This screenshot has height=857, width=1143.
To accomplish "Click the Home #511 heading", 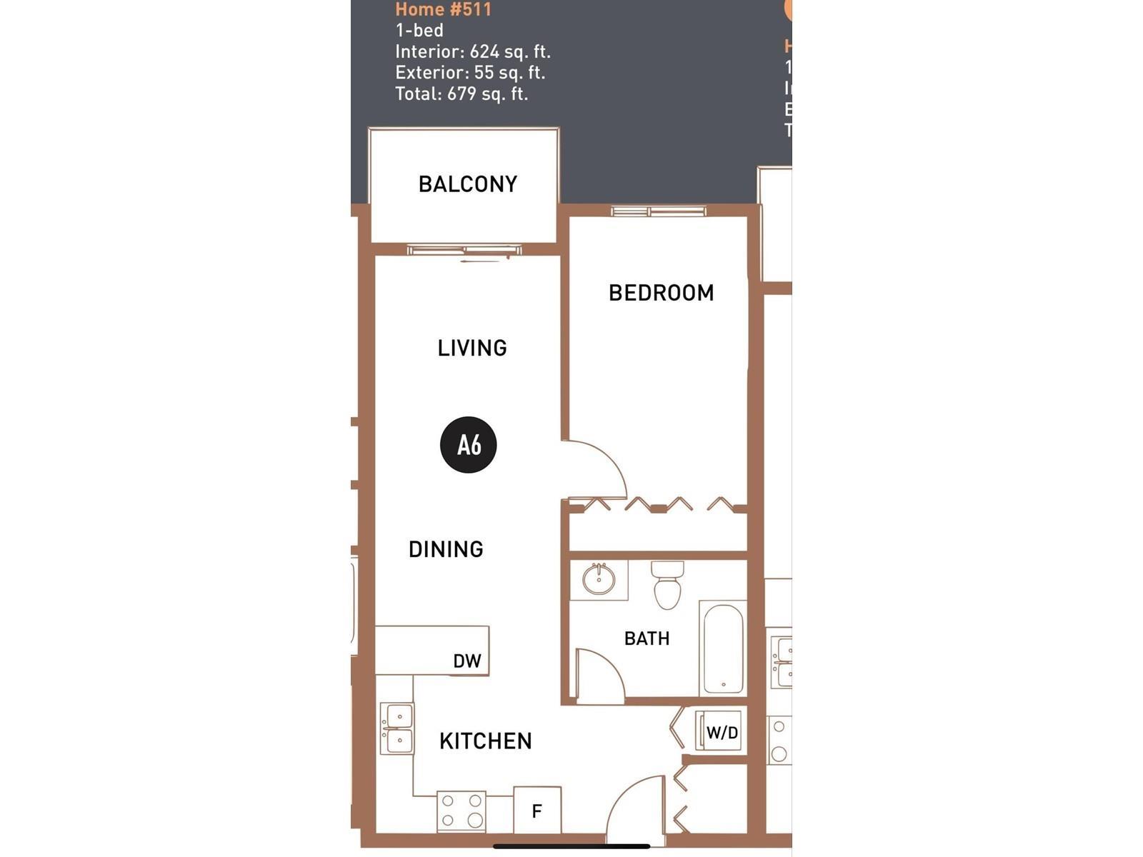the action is click(x=443, y=9).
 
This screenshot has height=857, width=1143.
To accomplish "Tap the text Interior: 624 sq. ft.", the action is click(x=473, y=51).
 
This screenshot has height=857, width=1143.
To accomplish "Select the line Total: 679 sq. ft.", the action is click(x=461, y=94).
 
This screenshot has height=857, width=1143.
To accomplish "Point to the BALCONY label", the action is click(x=468, y=184).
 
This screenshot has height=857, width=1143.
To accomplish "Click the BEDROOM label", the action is click(x=661, y=293).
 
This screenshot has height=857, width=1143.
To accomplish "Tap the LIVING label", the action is click(x=472, y=348).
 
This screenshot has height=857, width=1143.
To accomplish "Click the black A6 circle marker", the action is click(x=469, y=445).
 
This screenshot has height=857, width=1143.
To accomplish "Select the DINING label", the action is click(x=446, y=549).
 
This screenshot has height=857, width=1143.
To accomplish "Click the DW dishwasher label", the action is click(x=467, y=661).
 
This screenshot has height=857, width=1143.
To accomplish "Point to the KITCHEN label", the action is click(x=486, y=741).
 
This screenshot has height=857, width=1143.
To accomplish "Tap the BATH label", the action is click(x=647, y=638).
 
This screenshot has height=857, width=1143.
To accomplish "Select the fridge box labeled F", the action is click(x=537, y=810).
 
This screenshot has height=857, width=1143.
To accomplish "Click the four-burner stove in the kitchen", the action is click(x=461, y=811).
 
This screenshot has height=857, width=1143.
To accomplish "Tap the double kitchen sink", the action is click(x=396, y=728).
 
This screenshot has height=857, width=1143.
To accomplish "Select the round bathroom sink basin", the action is click(x=599, y=579).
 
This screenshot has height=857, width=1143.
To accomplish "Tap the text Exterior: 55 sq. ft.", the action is click(x=470, y=73).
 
